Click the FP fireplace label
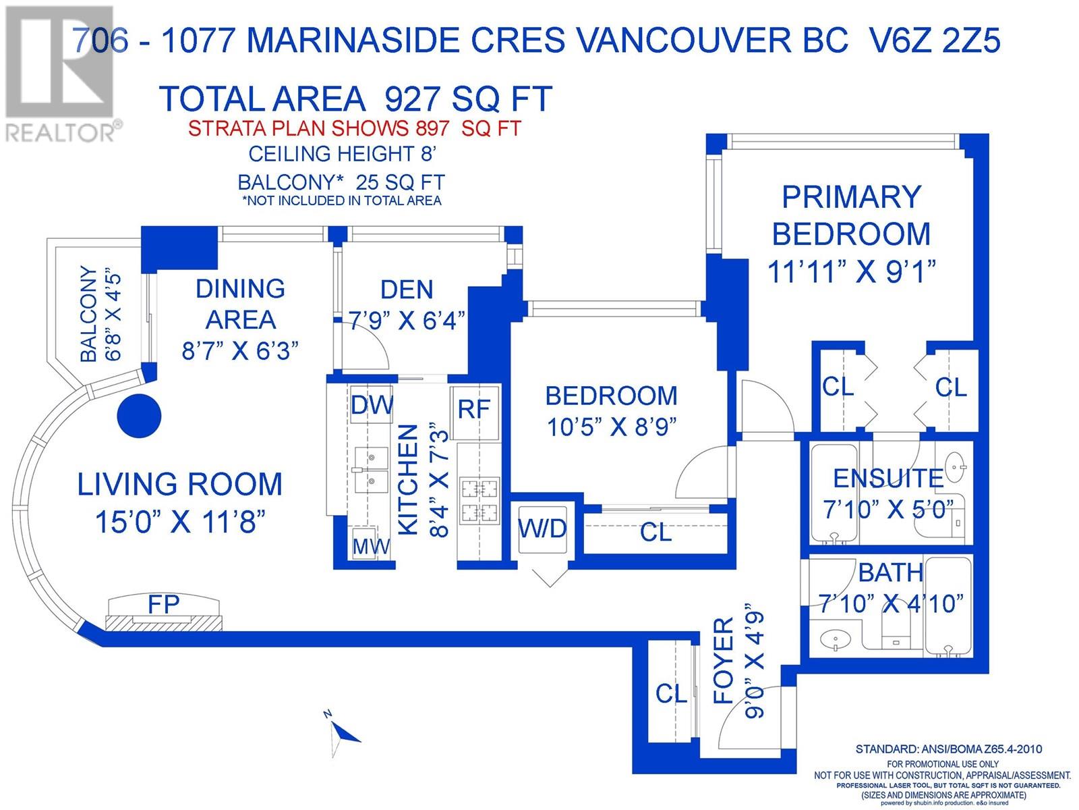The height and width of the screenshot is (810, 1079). coord(164,604)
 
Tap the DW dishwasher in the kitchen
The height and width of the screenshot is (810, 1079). coord(372,405)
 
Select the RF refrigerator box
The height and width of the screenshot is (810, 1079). coord(475,412)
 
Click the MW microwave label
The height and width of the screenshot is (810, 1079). coord(371,546)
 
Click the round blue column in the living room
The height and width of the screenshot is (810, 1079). coord(139,416)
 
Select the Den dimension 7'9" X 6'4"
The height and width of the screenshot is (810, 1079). coord(407,321)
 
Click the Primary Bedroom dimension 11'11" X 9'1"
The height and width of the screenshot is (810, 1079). coord(851,271)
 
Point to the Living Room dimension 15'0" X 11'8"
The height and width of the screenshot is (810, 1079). coord(180,522)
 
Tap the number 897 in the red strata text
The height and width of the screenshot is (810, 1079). coord(432,128)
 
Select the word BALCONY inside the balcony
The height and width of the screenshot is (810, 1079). coord(89,314)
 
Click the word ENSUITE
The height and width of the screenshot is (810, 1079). coord(888,478)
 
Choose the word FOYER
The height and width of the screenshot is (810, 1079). coord(724,661)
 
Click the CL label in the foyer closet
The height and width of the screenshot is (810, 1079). coord(671,695)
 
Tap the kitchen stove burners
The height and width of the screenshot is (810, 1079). coord(479,500)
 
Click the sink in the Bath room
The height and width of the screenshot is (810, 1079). coord(835,641)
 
